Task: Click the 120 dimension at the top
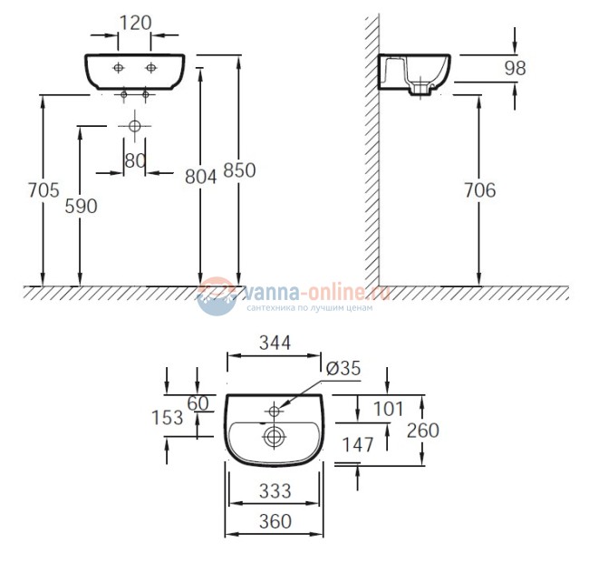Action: [136, 23]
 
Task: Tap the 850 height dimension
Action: [239, 170]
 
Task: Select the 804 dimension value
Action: [201, 177]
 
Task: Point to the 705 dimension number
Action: [43, 190]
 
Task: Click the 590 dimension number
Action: [81, 207]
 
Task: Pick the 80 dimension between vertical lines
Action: [135, 160]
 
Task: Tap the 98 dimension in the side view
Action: [515, 68]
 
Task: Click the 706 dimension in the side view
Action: [480, 190]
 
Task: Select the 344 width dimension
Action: [275, 343]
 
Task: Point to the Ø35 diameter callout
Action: [343, 368]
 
